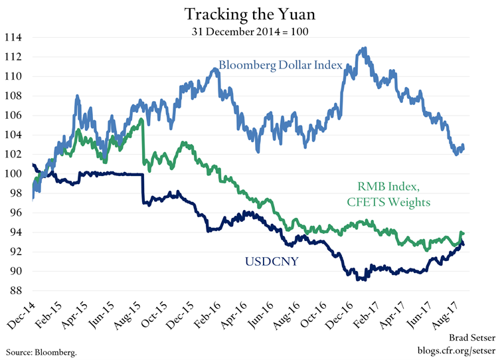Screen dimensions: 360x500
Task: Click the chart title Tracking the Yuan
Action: click(x=250, y=15)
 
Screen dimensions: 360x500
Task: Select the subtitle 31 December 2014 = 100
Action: click(x=250, y=30)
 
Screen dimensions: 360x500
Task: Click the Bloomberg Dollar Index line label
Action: click(x=280, y=66)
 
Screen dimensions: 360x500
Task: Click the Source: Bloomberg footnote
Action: click(x=41, y=351)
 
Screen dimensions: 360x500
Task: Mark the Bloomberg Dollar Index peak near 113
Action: click(x=363, y=48)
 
